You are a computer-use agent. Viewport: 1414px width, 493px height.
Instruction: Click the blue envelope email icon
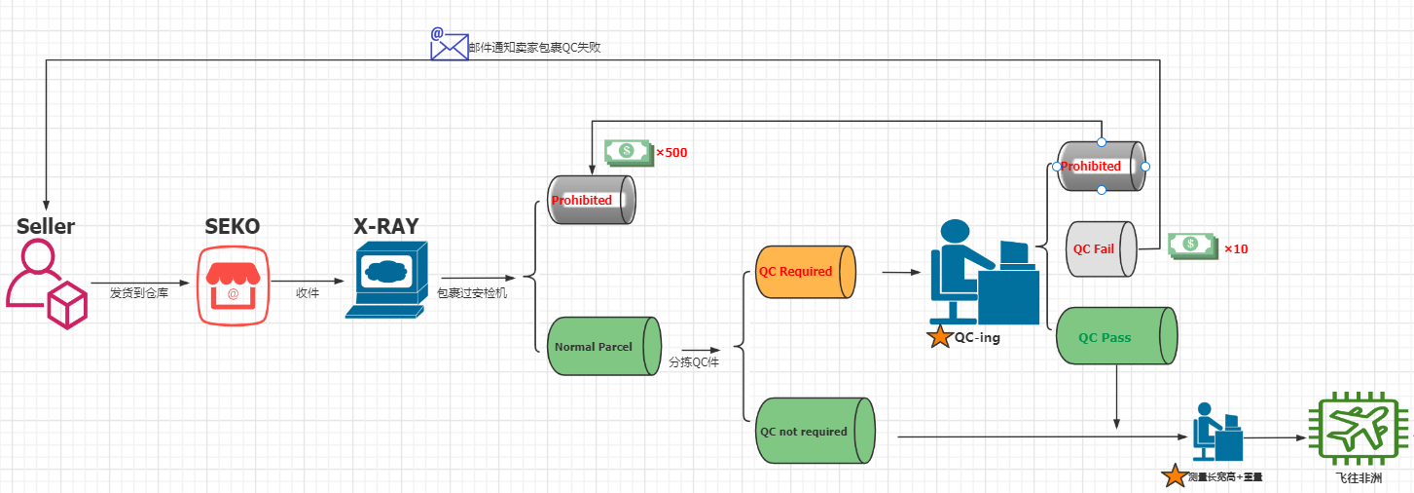450,44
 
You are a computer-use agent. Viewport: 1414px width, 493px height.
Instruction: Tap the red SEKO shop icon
233,284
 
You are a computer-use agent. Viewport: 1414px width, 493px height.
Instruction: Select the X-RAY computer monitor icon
386,279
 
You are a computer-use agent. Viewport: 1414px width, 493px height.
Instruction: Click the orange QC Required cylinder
805,271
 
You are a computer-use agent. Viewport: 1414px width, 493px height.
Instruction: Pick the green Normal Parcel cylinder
603,346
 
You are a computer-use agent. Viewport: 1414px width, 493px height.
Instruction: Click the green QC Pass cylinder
1115,336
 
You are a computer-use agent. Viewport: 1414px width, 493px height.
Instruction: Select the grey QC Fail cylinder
1102,248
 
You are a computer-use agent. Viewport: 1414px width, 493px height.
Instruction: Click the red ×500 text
671,152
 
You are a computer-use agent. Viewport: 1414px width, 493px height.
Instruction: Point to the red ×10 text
1236,248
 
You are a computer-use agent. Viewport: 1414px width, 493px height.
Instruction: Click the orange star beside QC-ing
939,337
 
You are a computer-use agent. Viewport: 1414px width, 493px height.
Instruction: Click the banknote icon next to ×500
627,151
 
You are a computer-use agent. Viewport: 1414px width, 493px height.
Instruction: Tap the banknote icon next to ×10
1192,246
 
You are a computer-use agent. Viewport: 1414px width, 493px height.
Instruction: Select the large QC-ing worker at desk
983,273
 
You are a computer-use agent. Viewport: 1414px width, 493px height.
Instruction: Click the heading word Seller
46,226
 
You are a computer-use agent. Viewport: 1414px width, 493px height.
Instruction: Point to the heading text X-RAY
386,226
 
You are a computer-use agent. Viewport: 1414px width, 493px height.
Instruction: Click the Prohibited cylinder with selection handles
1101,166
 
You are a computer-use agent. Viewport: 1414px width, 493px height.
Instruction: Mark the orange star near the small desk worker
1175,475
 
